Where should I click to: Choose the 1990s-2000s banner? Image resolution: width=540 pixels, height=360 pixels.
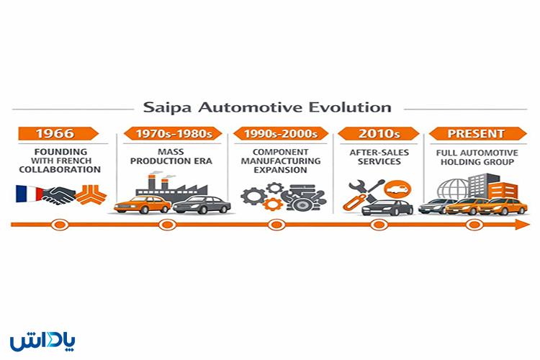(x=274, y=134)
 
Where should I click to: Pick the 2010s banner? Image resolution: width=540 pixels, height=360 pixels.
(x=374, y=134)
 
